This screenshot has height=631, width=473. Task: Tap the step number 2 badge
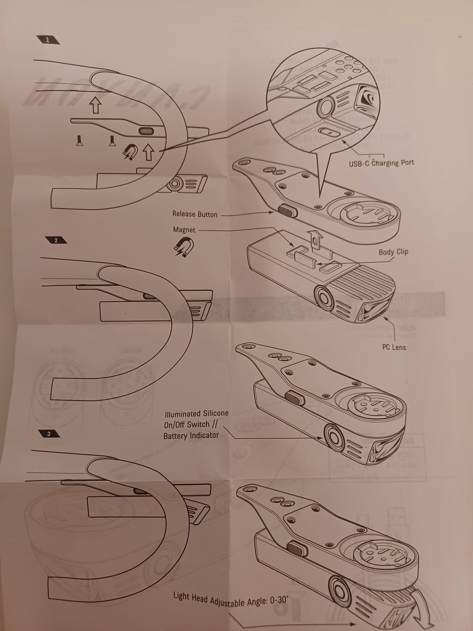pyautogui.click(x=56, y=240)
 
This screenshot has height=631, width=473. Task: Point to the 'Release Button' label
pyautogui.click(x=195, y=214)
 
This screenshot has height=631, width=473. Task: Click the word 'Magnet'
pyautogui.click(x=184, y=230)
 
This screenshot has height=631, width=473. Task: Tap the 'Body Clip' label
pyautogui.click(x=393, y=252)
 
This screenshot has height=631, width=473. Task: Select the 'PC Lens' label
pyautogui.click(x=394, y=347)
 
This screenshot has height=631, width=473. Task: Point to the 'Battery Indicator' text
pyautogui.click(x=191, y=436)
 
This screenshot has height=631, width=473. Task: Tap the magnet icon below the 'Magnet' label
pyautogui.click(x=184, y=246)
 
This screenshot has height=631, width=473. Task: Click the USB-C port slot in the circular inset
pyautogui.click(x=328, y=132)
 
